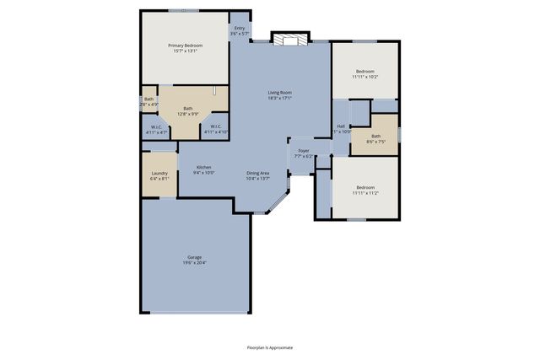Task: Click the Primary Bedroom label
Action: pos(185,46)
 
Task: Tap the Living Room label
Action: pos(280,93)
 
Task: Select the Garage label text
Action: pos(194,257)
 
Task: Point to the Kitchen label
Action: pos(203,167)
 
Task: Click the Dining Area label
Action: pos(258,173)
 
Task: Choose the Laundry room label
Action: pos(159,173)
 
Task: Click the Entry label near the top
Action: pos(240,29)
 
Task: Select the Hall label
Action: pos(341,126)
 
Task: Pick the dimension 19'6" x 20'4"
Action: pos(194,263)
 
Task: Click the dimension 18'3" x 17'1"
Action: pos(280,99)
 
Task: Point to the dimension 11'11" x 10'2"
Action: pos(364,77)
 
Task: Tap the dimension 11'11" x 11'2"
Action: pos(364,193)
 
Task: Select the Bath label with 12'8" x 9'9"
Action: pos(188,108)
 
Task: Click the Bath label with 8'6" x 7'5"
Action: pos(375,136)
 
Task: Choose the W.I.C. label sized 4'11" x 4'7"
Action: pos(157,127)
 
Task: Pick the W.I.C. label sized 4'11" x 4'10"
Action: pos(216,127)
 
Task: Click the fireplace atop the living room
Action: pos(290,38)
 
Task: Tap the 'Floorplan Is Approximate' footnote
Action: pos(270,347)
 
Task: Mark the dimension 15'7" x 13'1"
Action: pos(185,51)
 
